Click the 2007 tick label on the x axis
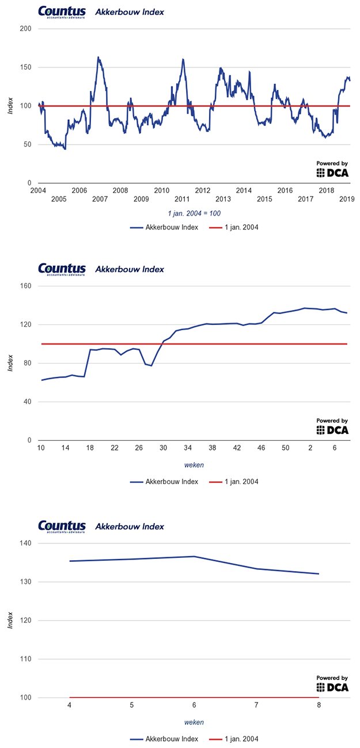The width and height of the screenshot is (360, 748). (100, 199)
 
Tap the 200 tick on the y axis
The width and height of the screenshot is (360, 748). (26, 28)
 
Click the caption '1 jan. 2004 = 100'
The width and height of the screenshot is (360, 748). (194, 213)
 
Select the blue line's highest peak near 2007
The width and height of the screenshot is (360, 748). (98, 57)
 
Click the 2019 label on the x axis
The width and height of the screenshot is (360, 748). (347, 199)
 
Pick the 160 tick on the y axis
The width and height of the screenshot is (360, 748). (26, 286)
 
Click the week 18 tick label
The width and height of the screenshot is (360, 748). (90, 448)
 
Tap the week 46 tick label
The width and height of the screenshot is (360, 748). (261, 448)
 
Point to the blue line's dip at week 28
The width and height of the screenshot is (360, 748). (151, 365)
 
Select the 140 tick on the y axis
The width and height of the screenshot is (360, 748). (26, 543)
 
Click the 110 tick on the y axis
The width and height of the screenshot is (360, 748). (26, 659)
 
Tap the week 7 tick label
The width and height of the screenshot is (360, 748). (256, 705)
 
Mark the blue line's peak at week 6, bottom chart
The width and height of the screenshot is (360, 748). (194, 556)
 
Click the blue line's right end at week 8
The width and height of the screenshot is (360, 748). (319, 574)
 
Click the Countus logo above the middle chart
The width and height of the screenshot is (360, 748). (62, 269)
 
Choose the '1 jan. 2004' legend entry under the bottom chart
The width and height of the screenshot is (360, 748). (233, 739)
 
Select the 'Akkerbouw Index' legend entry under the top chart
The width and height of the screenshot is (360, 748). (164, 227)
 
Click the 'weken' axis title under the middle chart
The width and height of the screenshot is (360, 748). (194, 464)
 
